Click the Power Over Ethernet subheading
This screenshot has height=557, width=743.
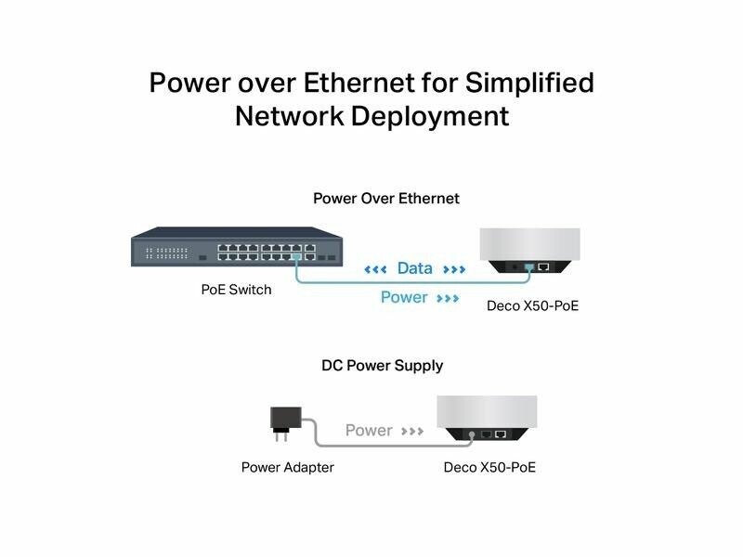[385, 199]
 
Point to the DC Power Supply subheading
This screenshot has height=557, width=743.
[382, 366]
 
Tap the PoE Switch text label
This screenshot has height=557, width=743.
[236, 290]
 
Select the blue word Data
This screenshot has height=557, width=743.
[414, 268]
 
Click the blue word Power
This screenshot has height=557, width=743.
[404, 298]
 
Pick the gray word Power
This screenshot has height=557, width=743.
[369, 431]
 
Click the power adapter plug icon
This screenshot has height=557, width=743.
[280, 419]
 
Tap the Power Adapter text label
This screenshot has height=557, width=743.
[287, 467]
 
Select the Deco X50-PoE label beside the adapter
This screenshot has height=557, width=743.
[489, 467]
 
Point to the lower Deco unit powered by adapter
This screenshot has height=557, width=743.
[486, 418]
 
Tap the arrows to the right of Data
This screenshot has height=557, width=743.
[454, 269]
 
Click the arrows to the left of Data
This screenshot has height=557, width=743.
[375, 269]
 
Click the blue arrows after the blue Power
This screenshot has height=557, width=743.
[448, 299]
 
